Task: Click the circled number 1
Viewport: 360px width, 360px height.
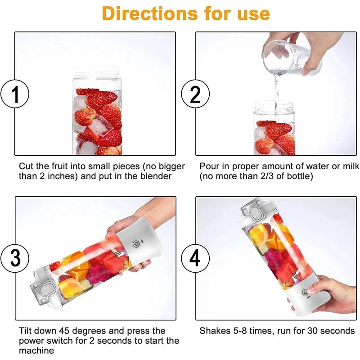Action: point(15,94)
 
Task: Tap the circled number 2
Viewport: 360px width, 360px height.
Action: point(195,94)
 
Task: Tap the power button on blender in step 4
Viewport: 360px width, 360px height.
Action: point(305,292)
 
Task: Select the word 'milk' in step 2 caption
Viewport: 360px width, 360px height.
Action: point(350,166)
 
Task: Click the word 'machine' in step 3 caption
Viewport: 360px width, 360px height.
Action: point(36,351)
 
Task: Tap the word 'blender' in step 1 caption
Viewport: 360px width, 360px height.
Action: point(156,176)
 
